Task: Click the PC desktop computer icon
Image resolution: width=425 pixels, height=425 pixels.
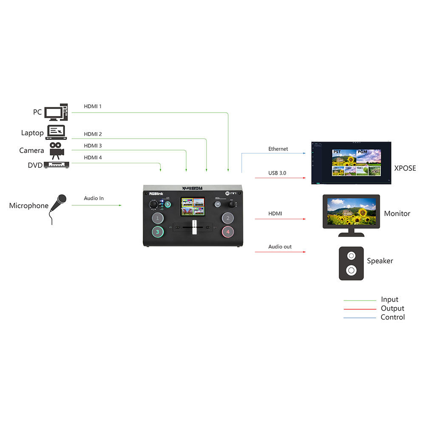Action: [x=56, y=112]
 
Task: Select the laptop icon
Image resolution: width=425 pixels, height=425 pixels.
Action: [x=56, y=132]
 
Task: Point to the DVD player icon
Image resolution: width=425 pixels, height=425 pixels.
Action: [x=56, y=165]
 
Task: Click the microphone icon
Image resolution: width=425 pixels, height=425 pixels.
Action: [x=57, y=207]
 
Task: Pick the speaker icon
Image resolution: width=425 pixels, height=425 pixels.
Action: [x=351, y=263]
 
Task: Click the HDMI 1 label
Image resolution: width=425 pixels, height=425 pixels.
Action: [x=93, y=106]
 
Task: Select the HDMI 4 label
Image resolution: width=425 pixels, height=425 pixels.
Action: [x=93, y=158]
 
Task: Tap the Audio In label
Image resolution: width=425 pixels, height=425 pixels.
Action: [x=93, y=198]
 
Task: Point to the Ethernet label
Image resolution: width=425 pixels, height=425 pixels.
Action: [x=278, y=149]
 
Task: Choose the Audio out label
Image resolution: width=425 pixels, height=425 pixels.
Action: [x=280, y=246]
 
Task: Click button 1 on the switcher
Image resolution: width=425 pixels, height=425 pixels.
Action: [x=158, y=218]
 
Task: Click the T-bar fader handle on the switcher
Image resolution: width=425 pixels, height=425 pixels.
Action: [x=194, y=227]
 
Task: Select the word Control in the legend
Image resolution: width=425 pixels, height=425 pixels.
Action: [x=393, y=317]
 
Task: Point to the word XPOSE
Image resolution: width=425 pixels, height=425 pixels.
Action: [x=405, y=168]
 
